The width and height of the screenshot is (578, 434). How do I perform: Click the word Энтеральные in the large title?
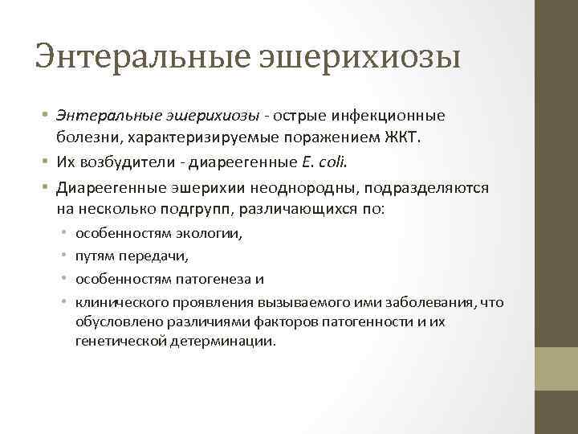(x=141, y=57)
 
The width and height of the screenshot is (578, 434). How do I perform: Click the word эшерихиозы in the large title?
(x=360, y=57)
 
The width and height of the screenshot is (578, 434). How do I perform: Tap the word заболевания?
(x=434, y=301)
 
